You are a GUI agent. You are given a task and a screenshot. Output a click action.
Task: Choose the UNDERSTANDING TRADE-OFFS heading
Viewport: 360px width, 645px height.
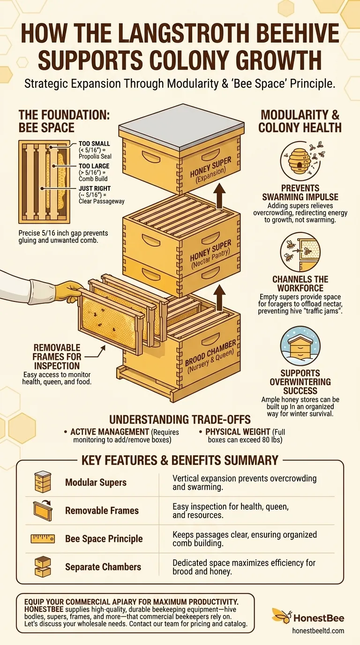pyautogui.click(x=180, y=419)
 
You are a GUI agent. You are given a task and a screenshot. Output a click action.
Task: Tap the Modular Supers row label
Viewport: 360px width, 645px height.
pyautogui.click(x=96, y=482)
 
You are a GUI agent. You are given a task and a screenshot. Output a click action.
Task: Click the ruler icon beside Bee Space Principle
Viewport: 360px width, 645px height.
pyautogui.click(x=43, y=539)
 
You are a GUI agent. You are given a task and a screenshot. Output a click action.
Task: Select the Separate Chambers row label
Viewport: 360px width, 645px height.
pyautogui.click(x=103, y=567)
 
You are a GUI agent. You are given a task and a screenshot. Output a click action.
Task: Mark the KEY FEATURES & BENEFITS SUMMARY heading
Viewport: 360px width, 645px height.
pyautogui.click(x=180, y=460)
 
